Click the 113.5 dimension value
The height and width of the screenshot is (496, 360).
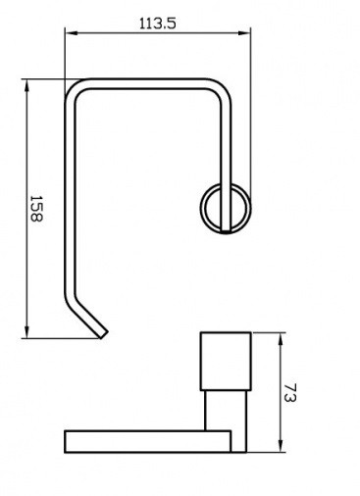pyautogui.click(x=158, y=24)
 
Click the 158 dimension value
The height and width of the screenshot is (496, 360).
pyautogui.click(x=36, y=209)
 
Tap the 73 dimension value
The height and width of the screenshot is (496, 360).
pyautogui.click(x=290, y=393)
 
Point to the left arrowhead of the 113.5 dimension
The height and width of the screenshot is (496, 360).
pyautogui.click(x=71, y=33)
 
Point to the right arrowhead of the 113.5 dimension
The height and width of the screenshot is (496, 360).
pyautogui.click(x=244, y=33)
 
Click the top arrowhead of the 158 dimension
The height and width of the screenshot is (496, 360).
pyautogui.click(x=26, y=85)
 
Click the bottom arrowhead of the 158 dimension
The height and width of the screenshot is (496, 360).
pyautogui.click(x=26, y=332)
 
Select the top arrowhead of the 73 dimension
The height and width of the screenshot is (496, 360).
pyautogui.click(x=281, y=339)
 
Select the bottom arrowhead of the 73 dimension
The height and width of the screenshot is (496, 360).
pyautogui.click(x=281, y=446)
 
